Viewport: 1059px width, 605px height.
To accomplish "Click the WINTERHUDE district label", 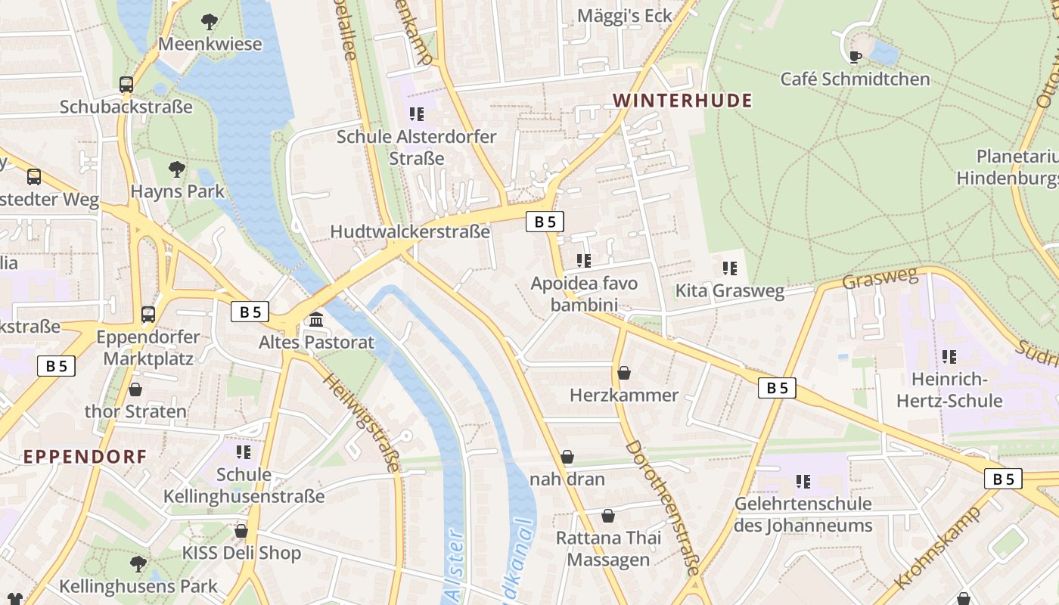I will (682, 101).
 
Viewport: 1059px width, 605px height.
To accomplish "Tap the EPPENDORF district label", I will (85, 456).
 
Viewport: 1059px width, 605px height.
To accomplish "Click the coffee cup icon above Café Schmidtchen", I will (855, 57).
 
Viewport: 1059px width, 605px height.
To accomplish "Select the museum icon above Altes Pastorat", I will (316, 320).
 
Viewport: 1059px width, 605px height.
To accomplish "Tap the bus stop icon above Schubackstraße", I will (126, 85).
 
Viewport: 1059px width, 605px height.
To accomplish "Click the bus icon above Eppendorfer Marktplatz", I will (148, 314).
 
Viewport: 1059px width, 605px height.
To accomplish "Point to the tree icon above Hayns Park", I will (177, 169).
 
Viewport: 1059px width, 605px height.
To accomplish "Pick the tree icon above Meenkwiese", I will (210, 22).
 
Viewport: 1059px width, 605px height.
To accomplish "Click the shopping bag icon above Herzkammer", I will (624, 373).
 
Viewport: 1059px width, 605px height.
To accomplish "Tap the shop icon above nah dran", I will (567, 457).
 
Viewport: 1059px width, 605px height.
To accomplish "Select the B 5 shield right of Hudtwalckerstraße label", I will (545, 222).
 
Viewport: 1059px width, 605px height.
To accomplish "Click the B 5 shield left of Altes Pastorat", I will (250, 312).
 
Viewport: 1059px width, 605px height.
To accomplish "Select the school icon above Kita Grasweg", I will (730, 268).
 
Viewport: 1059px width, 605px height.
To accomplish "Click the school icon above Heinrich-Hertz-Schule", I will (949, 356).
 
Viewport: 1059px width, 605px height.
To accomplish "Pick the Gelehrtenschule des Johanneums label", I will (803, 514).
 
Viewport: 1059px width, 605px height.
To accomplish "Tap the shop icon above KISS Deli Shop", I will (241, 531).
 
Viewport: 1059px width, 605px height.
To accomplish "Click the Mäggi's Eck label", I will (624, 16).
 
